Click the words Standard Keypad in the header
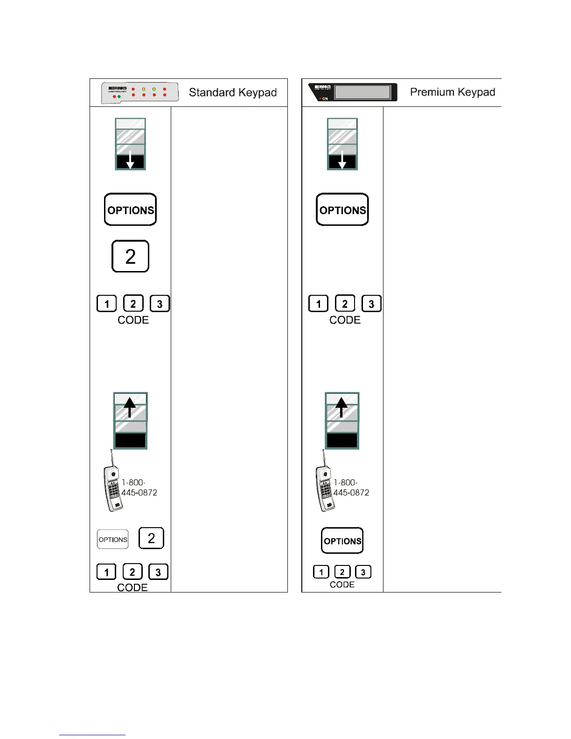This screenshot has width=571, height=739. click(232, 92)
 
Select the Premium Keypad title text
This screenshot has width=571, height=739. click(452, 92)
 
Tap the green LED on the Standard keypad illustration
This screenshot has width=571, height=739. click(119, 97)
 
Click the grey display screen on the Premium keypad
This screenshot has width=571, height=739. click(362, 92)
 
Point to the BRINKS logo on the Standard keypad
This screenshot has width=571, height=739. click(118, 88)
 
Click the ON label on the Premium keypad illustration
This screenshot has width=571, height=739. click(325, 98)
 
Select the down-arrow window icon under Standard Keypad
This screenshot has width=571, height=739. click(130, 144)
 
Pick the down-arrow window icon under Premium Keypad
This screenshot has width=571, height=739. click(342, 144)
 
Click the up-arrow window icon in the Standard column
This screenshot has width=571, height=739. click(130, 420)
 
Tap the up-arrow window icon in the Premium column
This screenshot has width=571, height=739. click(342, 420)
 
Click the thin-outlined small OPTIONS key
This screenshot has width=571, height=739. click(112, 539)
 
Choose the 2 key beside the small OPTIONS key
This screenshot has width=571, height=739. click(151, 538)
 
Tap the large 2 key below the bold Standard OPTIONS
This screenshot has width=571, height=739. click(130, 256)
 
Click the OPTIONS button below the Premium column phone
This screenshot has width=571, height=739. click(342, 541)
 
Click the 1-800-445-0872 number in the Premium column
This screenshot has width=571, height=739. click(351, 488)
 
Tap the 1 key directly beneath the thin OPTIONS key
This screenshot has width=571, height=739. click(106, 572)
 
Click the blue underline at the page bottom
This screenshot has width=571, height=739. click(92, 735)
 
